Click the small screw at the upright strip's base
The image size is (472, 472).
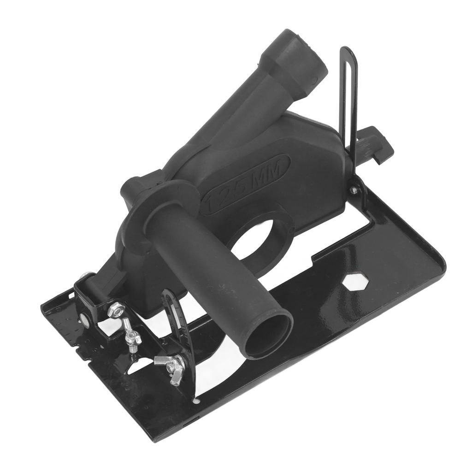tap(354, 190)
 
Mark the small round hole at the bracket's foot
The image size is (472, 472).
tap(197, 401)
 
